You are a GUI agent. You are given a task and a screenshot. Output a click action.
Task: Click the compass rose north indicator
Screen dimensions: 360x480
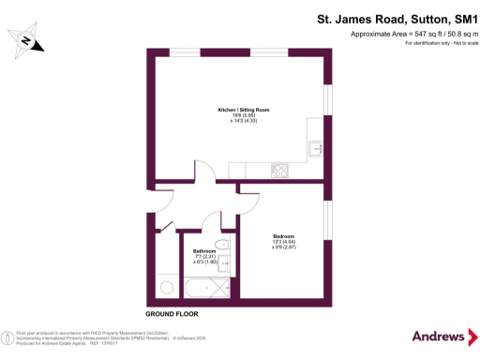26,40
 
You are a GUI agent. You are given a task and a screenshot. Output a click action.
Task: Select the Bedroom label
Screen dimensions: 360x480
284,235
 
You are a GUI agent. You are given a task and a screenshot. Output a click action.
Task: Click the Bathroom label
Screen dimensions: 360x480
204,251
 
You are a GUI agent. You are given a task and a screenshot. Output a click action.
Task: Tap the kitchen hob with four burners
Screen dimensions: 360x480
279,170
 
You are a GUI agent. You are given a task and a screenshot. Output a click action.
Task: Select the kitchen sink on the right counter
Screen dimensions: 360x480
317,149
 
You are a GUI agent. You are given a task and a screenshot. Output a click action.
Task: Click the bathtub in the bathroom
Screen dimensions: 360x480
205,285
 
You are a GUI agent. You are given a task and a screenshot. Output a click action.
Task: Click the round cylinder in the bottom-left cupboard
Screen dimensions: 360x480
165,285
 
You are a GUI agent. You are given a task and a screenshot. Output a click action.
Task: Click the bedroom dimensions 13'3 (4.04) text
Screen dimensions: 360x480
284,242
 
